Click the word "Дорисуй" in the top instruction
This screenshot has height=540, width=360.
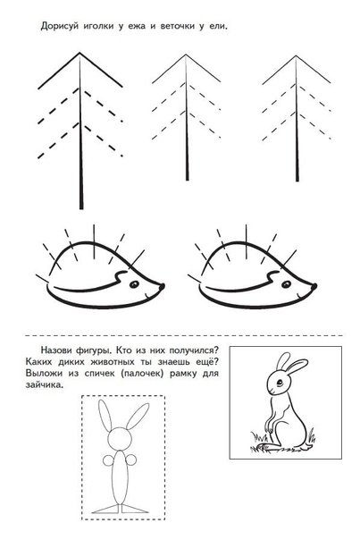[x=60, y=27]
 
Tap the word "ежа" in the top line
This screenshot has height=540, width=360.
[x=137, y=27]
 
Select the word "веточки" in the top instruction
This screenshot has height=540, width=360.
[x=177, y=26]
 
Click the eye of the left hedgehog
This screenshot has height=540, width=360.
[x=134, y=284]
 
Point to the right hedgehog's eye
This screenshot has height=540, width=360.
[x=286, y=284]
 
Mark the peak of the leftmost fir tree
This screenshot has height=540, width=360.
[x=80, y=53]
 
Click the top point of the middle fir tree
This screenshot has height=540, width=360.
[x=186, y=55]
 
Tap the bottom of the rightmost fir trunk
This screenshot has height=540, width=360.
[x=297, y=181]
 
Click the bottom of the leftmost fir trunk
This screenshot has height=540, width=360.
[x=81, y=208]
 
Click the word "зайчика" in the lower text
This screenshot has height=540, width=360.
[x=45, y=385]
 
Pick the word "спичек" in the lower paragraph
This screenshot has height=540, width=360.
[x=99, y=374]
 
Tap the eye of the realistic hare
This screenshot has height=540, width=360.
[x=280, y=383]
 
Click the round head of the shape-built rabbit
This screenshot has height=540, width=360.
[x=120, y=438]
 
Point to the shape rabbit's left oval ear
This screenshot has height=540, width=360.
[x=105, y=416]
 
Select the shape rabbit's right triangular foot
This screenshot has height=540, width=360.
[x=134, y=509]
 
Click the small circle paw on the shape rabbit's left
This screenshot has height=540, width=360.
[x=108, y=460]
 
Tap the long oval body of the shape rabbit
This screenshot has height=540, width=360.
[x=120, y=477]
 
